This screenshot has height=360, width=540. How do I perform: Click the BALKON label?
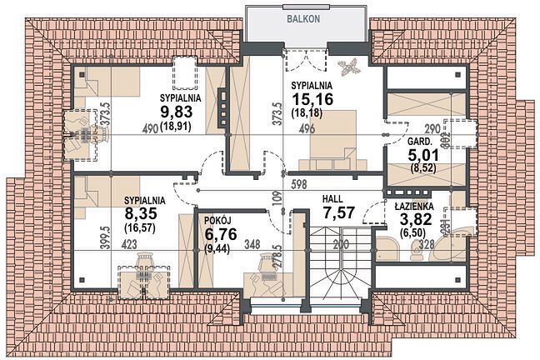pos(303,19)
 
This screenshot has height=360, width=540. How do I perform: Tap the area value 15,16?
pos(312,99)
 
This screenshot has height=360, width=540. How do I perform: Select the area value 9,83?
pos(177,111)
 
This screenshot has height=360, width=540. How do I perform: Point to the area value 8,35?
pos(141,213)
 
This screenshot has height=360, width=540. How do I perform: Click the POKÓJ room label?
pos(217,221)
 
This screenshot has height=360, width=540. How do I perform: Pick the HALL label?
pos(332,199)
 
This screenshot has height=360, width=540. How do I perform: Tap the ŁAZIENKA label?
pos(414,207)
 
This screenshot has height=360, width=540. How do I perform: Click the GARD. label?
pos(420,141)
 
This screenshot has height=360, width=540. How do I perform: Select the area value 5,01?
pos(423,155)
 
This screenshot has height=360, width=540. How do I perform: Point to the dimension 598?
pos(298,184)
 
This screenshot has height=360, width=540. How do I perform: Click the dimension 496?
pos(307,128)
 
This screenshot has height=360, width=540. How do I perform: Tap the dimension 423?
pos(129,244)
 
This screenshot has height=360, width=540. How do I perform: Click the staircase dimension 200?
pos(341,244)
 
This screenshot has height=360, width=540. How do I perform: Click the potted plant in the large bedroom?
pos(348,66)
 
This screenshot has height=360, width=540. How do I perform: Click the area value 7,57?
pos(339,212)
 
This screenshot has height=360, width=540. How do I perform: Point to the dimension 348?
pos(252,244)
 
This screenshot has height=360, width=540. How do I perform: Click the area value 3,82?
pos(415,219)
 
